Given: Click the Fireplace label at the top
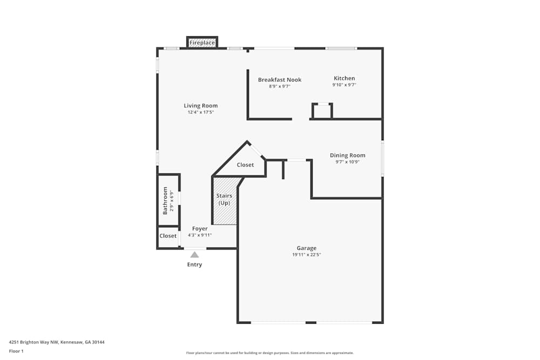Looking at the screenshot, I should [202, 43].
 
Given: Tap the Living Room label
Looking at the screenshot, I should [200, 106].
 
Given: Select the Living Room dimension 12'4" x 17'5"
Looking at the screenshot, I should [200, 112].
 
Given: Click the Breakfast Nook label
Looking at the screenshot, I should [279, 80].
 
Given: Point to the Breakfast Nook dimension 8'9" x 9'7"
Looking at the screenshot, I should [279, 86].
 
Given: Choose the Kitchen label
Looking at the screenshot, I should [344, 78].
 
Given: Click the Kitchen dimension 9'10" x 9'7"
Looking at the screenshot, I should [344, 85].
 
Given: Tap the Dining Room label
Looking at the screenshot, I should [347, 155].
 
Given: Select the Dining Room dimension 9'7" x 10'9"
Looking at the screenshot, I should [347, 162].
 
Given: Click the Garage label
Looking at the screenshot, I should [306, 248].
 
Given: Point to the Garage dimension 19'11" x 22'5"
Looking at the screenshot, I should [306, 255].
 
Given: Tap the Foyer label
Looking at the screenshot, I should [200, 229].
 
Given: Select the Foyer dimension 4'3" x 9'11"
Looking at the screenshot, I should [200, 235].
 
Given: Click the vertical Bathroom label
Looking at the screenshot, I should [165, 200].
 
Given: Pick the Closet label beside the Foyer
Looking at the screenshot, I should [168, 236].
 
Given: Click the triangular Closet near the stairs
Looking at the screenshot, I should [245, 165].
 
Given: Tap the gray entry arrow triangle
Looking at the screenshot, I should [194, 255].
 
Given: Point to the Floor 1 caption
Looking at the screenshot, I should [16, 351].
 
